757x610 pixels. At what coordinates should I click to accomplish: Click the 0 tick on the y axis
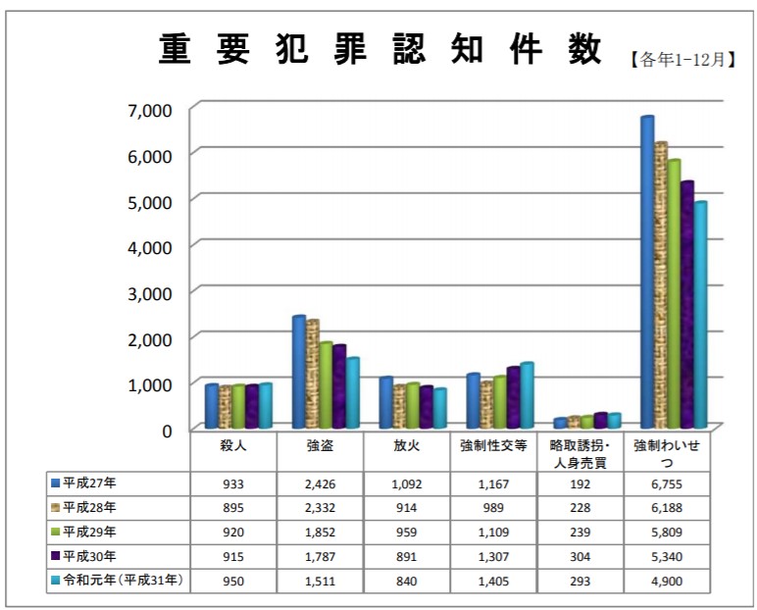coord(167,430)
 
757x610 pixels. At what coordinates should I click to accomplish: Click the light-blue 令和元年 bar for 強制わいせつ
coord(700,314)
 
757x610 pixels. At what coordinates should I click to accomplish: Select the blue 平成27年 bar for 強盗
coord(297,372)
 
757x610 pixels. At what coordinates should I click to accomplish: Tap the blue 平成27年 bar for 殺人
coord(211,406)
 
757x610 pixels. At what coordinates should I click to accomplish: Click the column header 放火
coord(406,446)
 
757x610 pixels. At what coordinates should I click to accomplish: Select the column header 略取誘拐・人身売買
coord(580,454)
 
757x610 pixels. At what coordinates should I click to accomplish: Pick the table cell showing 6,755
coord(668,484)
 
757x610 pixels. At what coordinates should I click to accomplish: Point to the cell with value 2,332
coord(320,508)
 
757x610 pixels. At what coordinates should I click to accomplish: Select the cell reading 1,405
coord(493,581)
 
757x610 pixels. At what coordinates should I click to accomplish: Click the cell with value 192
coord(580,484)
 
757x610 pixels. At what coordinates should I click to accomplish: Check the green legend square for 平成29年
coord(55,533)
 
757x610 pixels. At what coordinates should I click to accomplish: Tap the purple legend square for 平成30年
coord(55,556)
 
